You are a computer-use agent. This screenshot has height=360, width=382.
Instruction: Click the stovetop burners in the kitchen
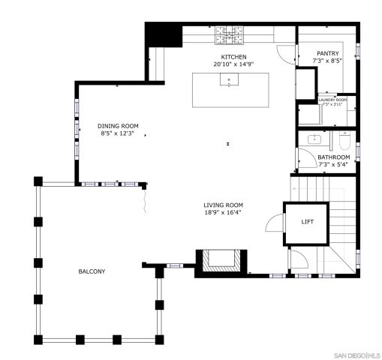(x=226, y=32)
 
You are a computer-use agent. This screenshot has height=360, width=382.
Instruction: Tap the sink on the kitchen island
(x=226, y=80)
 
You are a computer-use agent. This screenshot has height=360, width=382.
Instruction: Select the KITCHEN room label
(x=233, y=57)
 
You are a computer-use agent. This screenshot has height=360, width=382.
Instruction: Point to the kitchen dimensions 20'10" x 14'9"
(x=233, y=64)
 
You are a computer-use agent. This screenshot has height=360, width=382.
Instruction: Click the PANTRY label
(x=327, y=53)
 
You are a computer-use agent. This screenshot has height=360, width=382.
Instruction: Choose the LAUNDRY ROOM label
(x=332, y=99)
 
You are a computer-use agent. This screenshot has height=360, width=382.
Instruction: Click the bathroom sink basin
(x=314, y=139)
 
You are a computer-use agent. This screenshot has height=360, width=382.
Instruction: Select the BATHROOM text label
(x=333, y=157)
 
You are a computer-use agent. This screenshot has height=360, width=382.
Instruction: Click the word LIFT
(x=308, y=222)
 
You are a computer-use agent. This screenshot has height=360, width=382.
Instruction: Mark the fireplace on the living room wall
(x=220, y=261)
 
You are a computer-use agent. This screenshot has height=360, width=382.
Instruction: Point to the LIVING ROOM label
(x=223, y=205)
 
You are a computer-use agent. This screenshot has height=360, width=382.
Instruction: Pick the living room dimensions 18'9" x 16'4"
(x=223, y=213)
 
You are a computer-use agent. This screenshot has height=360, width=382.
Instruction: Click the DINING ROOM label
(x=118, y=125)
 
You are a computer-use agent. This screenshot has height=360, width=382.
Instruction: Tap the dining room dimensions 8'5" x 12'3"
(x=118, y=133)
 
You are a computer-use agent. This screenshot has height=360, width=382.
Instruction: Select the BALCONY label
(x=92, y=271)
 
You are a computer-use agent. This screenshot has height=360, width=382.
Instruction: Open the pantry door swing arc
(x=287, y=54)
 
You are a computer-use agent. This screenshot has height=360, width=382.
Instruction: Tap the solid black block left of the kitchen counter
(x=159, y=35)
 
